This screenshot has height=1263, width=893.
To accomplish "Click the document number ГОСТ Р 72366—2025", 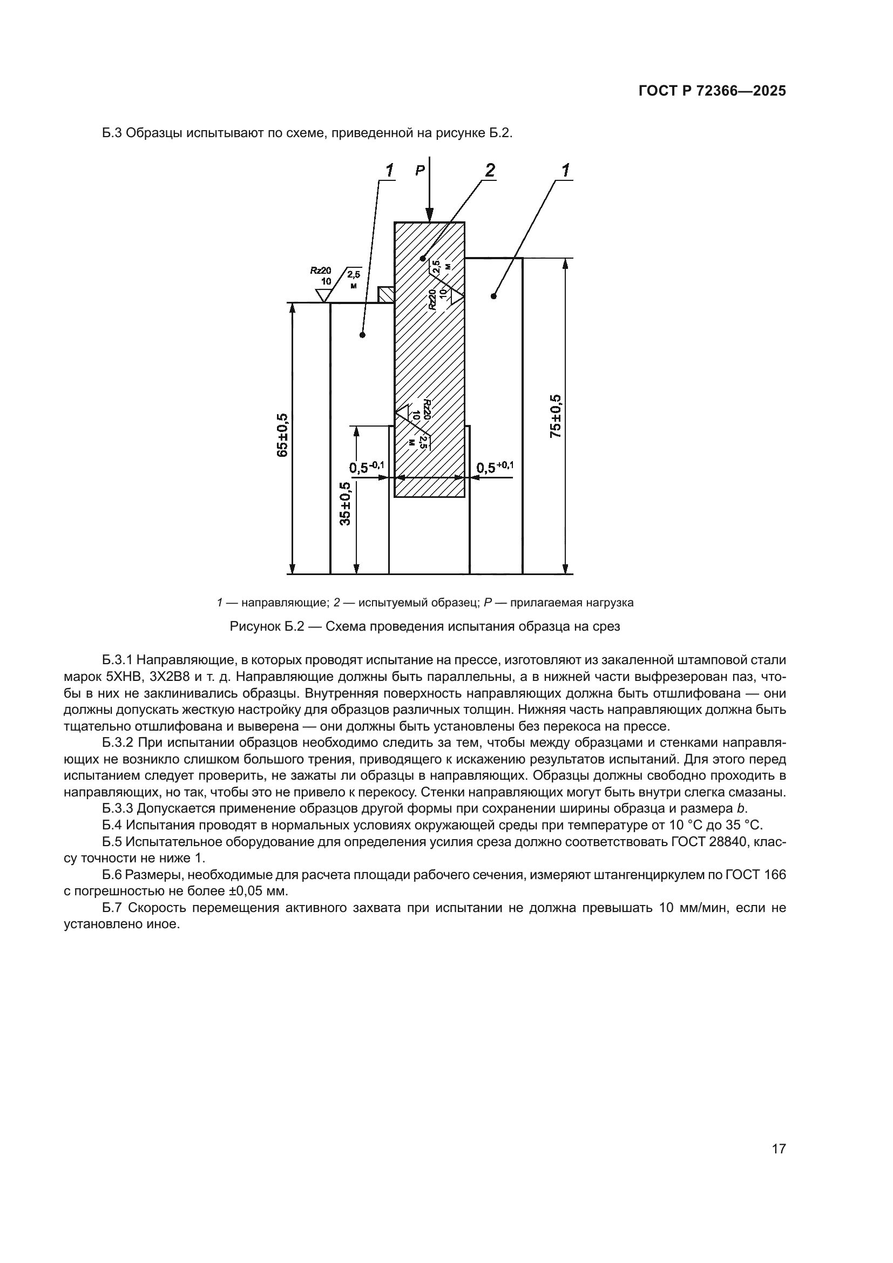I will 712,91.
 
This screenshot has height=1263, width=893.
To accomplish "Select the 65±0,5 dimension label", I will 282,435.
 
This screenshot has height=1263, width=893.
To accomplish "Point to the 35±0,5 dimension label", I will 345,503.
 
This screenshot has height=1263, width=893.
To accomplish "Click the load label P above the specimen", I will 420,171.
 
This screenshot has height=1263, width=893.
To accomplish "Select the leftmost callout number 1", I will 389,171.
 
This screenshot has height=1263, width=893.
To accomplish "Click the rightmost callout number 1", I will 565,171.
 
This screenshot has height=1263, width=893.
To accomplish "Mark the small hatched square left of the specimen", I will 385,294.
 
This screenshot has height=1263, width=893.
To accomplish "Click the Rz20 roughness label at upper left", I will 321,270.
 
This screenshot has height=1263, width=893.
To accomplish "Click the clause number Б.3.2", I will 118,743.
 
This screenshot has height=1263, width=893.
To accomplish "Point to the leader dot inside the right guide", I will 493,296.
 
